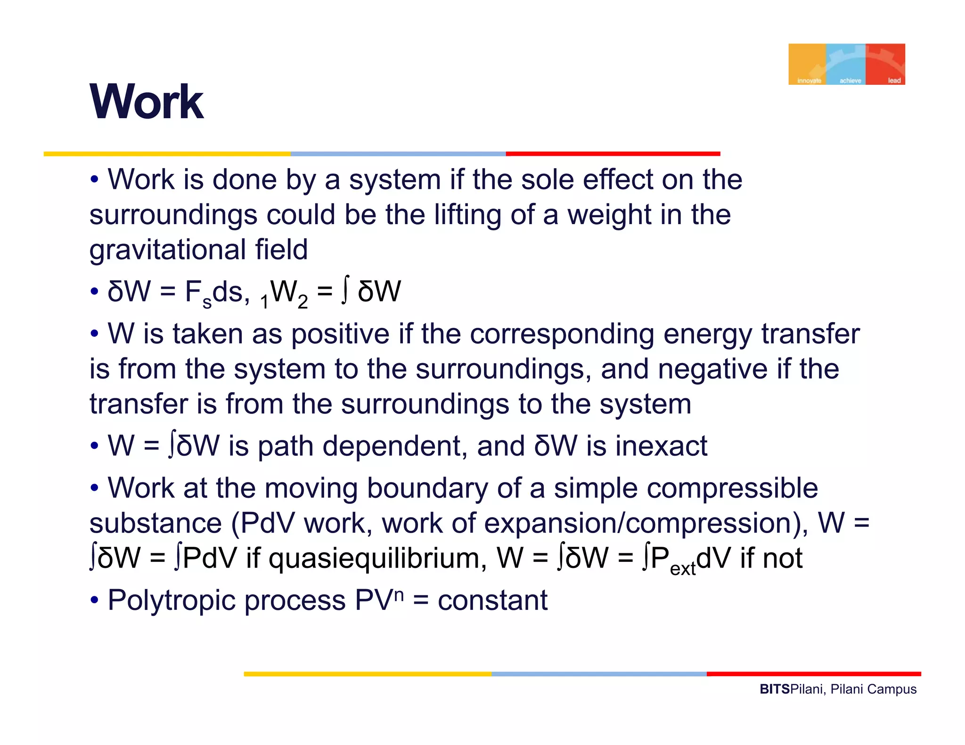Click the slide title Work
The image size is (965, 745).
pos(147,102)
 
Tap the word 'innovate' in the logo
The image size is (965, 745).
pos(809,81)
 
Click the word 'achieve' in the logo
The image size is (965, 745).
pos(850,81)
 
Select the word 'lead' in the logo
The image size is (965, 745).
pos(894,81)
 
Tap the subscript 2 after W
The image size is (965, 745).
pos(303,302)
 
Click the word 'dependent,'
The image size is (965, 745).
pos(397,446)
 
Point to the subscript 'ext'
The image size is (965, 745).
pos(683,568)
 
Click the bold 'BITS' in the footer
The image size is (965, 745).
pos(775,689)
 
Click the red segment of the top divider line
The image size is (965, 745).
pos(613,154)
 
